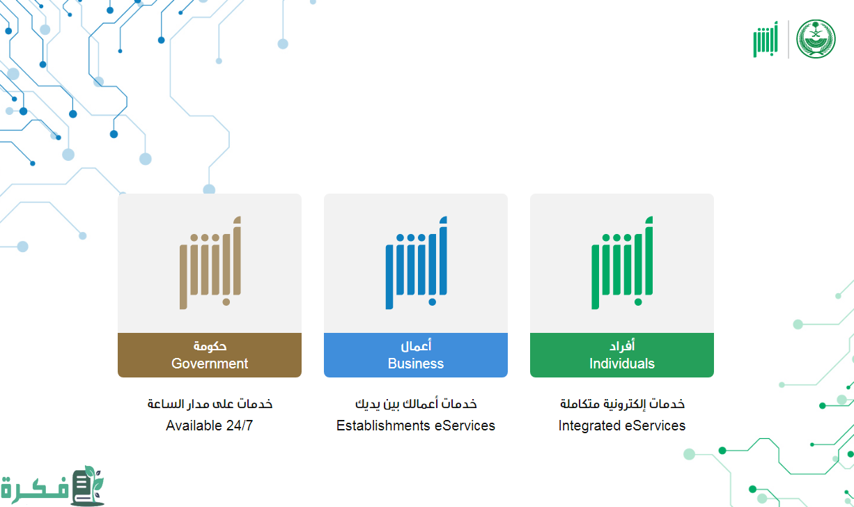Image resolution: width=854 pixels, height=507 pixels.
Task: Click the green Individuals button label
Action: pos(622,355)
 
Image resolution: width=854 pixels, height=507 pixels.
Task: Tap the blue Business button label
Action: pos(416,355)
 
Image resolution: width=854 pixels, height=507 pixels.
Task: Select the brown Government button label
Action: pos(209,355)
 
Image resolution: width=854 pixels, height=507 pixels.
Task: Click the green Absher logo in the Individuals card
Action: pos(622,263)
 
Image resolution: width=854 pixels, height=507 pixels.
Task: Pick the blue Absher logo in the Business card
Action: pos(416,263)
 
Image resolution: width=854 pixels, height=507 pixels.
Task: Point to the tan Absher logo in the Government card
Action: pos(210,263)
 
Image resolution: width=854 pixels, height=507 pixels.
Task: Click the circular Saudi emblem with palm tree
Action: pos(816,39)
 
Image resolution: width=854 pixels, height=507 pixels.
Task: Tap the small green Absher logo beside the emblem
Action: pos(765,40)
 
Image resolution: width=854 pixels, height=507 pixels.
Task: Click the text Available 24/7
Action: pos(209,426)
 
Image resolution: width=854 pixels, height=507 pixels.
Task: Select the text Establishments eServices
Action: pos(416,426)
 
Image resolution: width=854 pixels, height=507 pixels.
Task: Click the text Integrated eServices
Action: pos(622,426)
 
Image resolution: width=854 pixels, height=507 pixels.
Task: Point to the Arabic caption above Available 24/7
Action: pos(210,404)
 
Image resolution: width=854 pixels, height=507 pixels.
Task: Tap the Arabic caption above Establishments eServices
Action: pos(416,404)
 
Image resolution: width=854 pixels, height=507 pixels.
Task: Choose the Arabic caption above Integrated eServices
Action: pos(622,404)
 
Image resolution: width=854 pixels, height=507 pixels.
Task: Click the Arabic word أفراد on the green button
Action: pos(622,345)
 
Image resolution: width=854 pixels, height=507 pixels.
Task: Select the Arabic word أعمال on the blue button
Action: pos(416,345)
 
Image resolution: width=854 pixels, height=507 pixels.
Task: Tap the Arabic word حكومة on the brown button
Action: pos(210,345)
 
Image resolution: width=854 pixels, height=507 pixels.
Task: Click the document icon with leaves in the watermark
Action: pos(87,485)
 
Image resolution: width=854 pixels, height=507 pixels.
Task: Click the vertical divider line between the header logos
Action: pos(789,39)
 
